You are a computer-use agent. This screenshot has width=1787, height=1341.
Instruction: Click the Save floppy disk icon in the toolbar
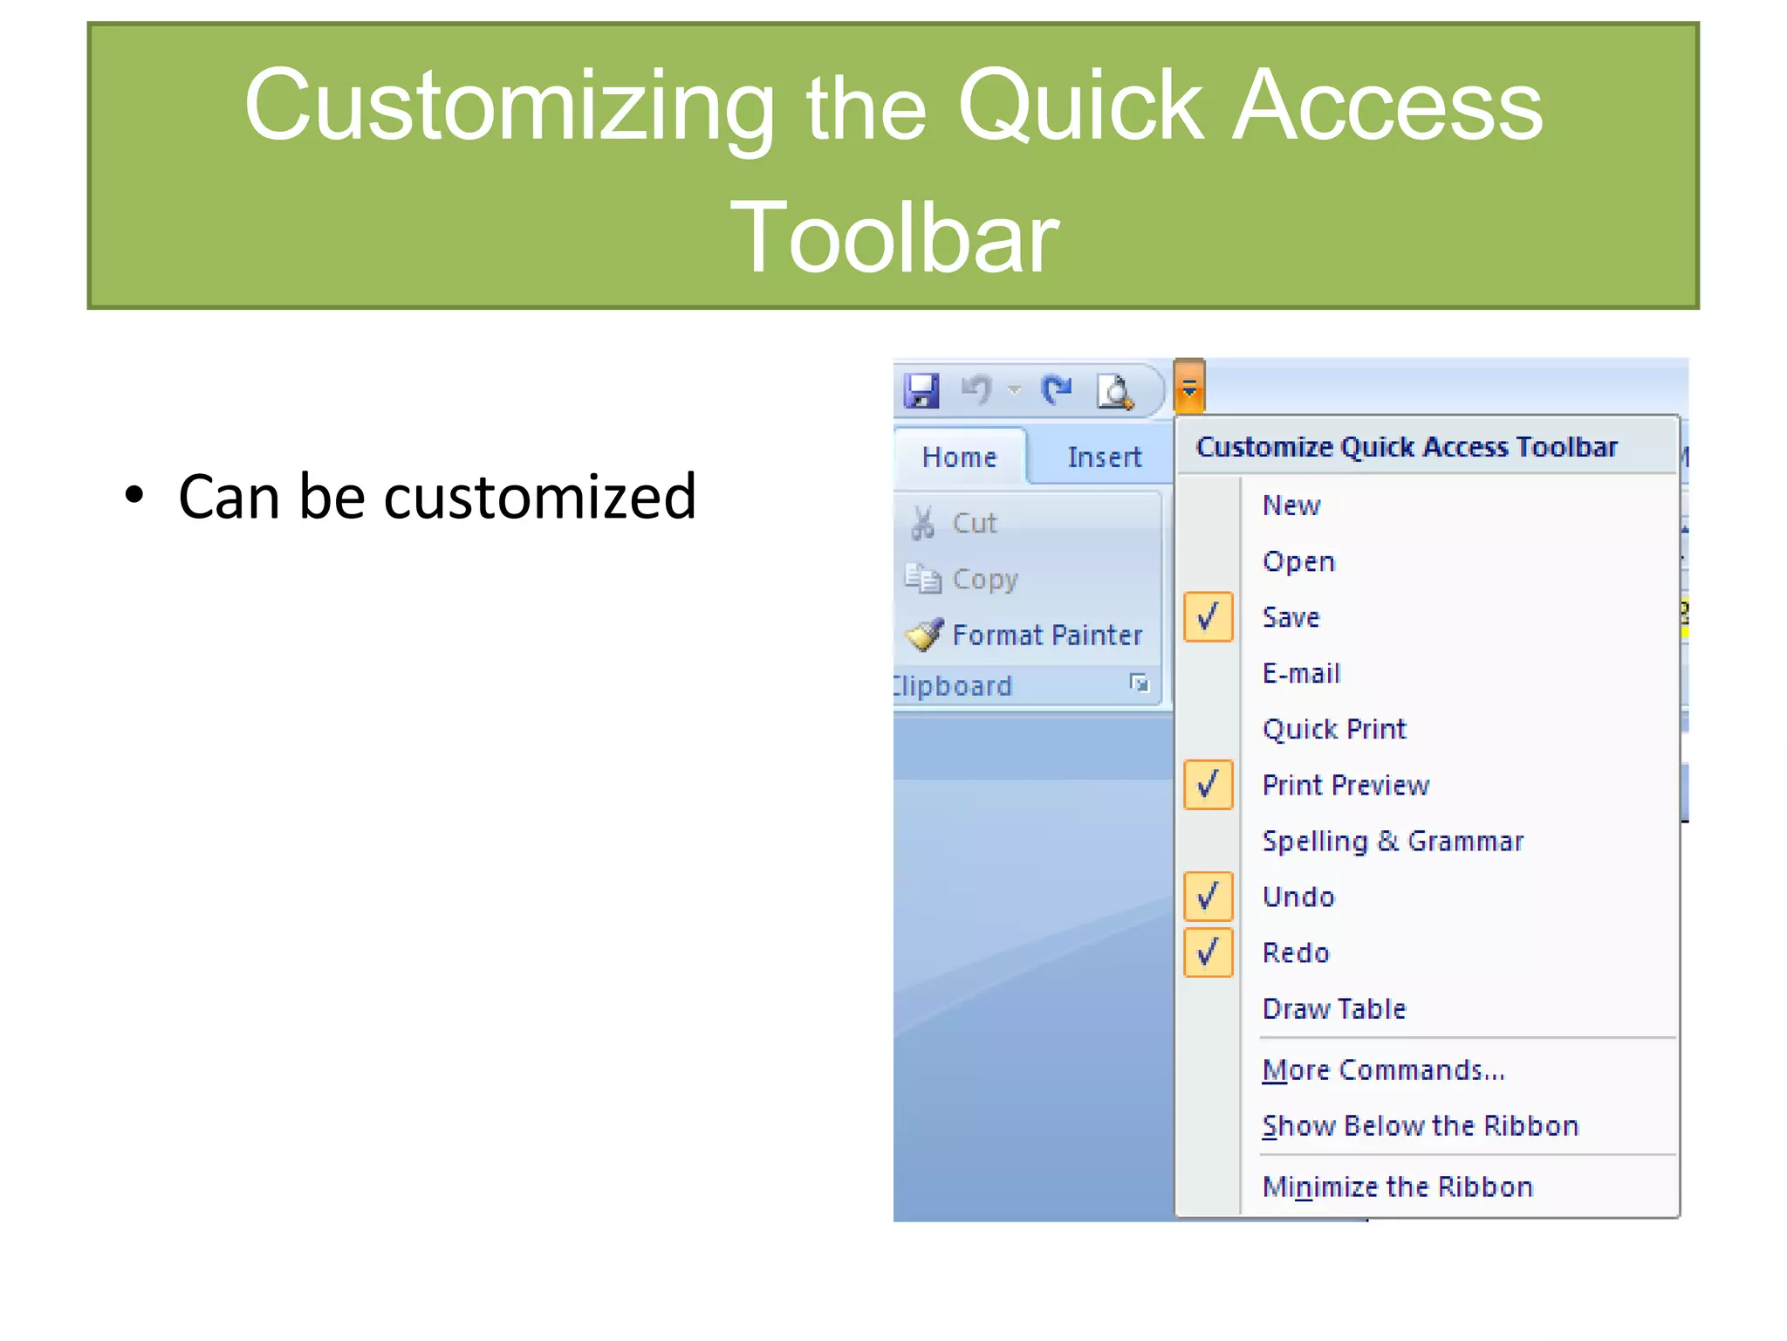[921, 390]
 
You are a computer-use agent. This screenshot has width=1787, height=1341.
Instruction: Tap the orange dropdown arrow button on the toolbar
[1189, 388]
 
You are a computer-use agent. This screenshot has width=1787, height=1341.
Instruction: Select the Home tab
[959, 457]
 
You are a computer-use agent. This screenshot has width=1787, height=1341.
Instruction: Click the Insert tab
[1104, 457]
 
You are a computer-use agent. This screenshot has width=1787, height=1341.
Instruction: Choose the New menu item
[1291, 505]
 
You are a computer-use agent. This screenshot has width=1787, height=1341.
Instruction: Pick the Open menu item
[1298, 561]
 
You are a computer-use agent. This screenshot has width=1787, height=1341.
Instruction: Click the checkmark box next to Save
[1208, 617]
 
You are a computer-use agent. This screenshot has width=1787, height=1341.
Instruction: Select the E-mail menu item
[1301, 673]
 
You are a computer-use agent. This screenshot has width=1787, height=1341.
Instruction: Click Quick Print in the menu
[1334, 729]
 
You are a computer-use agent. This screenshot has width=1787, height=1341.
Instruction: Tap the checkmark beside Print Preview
[1208, 785]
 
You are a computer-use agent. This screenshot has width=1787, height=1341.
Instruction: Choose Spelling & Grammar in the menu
[1393, 841]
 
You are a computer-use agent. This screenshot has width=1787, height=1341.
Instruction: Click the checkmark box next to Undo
[1208, 897]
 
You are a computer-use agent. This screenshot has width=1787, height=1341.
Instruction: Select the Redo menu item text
[1296, 952]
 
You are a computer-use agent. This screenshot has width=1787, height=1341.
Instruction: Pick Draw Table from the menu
[1334, 1008]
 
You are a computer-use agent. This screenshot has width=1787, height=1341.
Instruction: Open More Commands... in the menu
[1383, 1069]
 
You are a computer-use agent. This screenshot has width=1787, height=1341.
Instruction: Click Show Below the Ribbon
[1421, 1125]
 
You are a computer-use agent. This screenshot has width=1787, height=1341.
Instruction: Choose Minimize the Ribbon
[1397, 1186]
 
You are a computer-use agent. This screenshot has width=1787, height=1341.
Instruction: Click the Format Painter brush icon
[924, 635]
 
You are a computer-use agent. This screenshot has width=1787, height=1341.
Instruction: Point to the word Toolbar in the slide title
[893, 237]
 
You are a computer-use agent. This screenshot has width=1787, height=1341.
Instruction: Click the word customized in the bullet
[540, 497]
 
